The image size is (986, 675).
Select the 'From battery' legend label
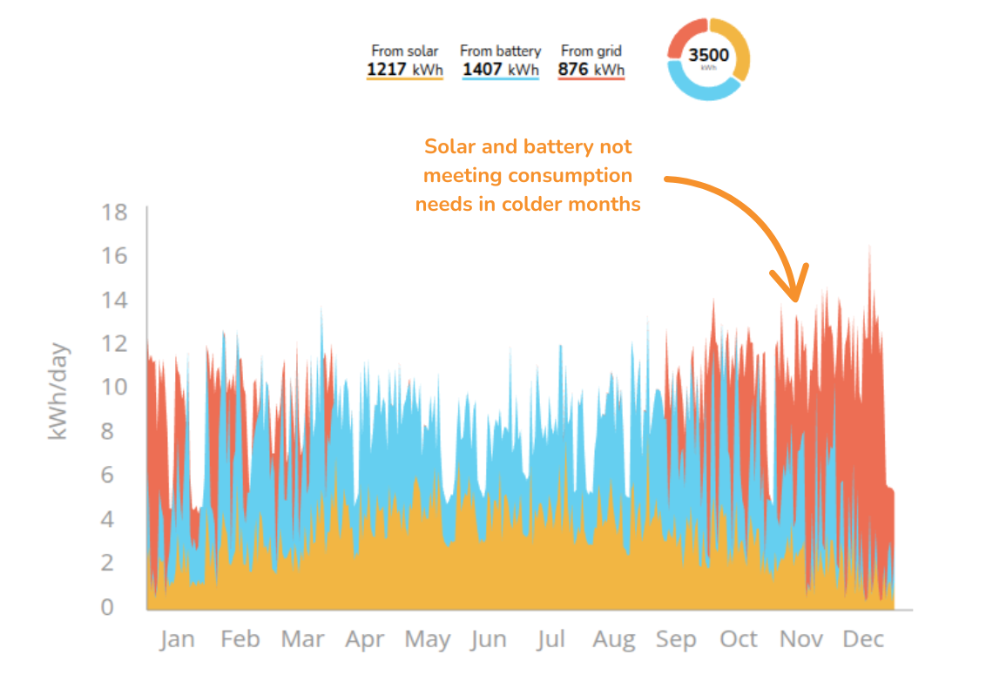(x=500, y=51)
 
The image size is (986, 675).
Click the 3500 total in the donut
(x=708, y=55)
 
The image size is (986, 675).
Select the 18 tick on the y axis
(x=114, y=212)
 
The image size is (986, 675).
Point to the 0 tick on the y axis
(x=107, y=606)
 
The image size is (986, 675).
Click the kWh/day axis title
(x=57, y=391)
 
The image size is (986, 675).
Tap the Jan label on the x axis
(x=177, y=640)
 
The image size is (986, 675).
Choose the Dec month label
(x=863, y=640)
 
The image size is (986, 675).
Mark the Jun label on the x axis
(x=488, y=640)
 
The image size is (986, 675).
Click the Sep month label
(x=676, y=640)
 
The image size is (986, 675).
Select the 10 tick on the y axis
(x=114, y=387)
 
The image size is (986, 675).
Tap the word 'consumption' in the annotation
(x=570, y=175)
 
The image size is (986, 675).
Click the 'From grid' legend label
(x=591, y=51)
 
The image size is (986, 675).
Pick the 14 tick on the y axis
(x=114, y=300)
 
